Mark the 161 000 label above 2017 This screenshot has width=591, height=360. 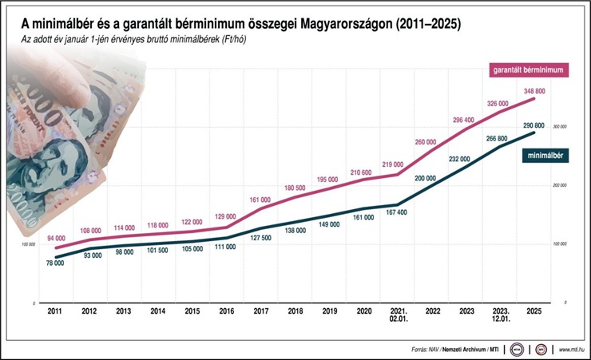pos(261,200)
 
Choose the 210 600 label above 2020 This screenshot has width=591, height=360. pos(361,172)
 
